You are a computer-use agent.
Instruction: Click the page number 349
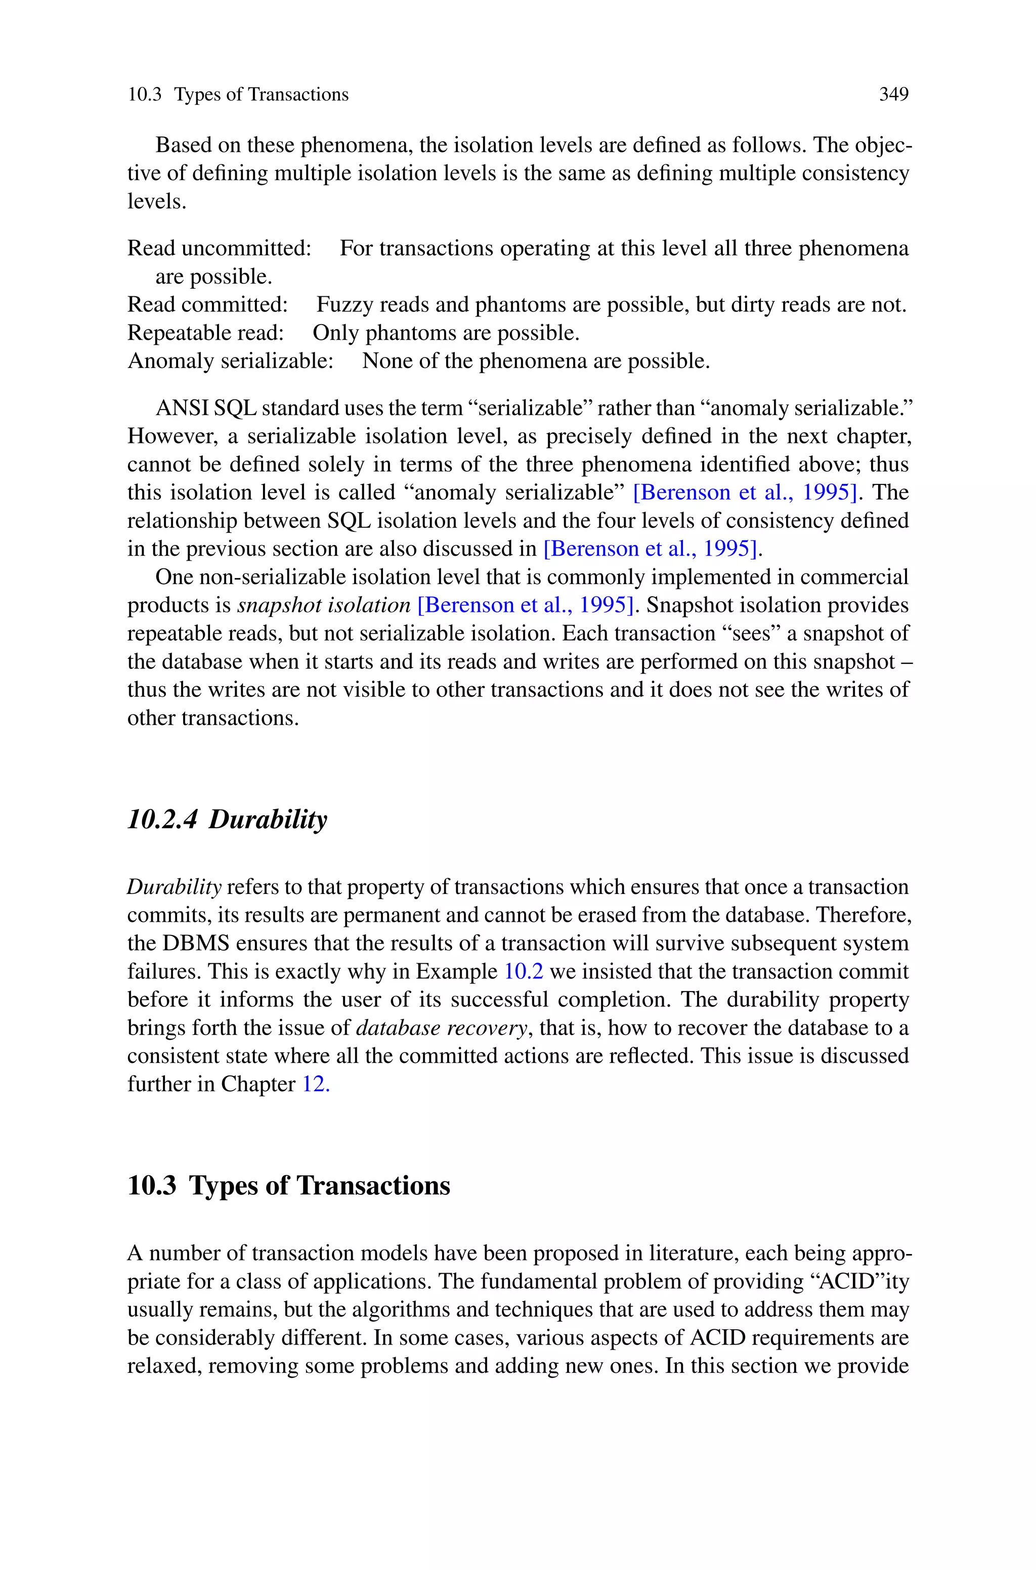coord(893,95)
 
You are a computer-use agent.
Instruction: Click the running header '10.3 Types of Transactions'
coord(238,95)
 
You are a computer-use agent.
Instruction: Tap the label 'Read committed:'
coord(207,304)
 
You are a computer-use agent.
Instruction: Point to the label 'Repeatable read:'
coord(205,333)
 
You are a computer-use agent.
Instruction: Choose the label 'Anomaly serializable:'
coord(230,361)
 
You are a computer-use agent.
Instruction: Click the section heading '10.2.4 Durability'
coord(227,819)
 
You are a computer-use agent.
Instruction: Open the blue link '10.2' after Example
coord(523,971)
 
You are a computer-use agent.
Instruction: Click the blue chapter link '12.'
coord(316,1084)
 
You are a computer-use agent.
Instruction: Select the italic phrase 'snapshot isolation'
coord(324,605)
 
